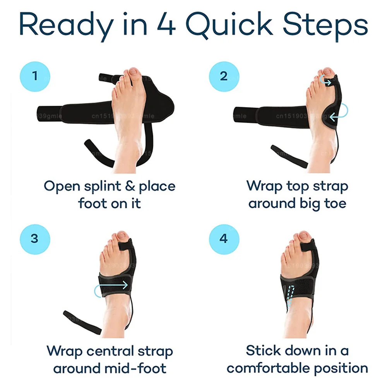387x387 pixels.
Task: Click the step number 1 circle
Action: (x=35, y=76)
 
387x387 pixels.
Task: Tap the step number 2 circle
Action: (x=224, y=76)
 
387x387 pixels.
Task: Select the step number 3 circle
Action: (x=35, y=238)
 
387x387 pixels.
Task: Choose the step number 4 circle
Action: (x=224, y=238)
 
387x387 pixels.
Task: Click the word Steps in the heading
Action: (x=325, y=25)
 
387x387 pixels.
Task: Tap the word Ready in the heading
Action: (x=63, y=25)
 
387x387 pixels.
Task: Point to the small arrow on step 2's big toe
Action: (x=326, y=82)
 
